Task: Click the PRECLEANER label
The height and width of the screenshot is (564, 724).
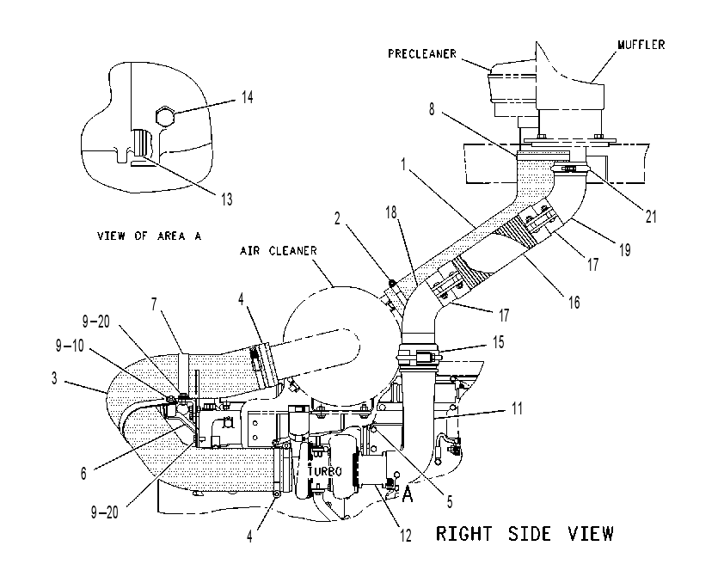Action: point(422,54)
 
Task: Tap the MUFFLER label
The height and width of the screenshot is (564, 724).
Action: point(641,45)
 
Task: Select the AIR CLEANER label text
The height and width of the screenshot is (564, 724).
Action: point(279,250)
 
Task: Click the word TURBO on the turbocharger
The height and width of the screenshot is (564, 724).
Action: point(325,471)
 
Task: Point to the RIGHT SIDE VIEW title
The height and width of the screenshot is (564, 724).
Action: point(525,534)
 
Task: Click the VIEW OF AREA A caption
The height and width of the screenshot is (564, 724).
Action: point(149,236)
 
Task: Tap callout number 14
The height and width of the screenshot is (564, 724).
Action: point(247,97)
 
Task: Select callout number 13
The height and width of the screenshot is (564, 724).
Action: point(226,199)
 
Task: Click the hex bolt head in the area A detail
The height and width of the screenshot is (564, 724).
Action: point(165,116)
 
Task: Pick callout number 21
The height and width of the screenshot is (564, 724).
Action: point(651,217)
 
